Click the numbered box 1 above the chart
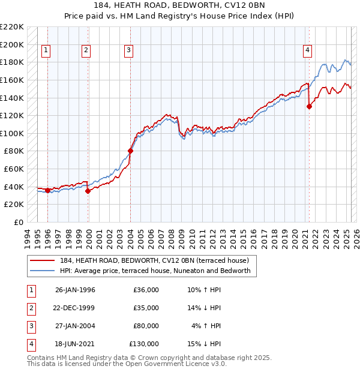pos(47,51)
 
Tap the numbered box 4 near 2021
pos(307,51)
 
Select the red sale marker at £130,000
pos(309,107)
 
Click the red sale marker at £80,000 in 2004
pos(130,151)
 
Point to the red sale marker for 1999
pos(88,191)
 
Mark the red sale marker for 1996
pos(47,190)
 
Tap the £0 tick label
pos(19,222)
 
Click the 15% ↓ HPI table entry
pos(204,344)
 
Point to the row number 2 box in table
pos(31,308)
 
